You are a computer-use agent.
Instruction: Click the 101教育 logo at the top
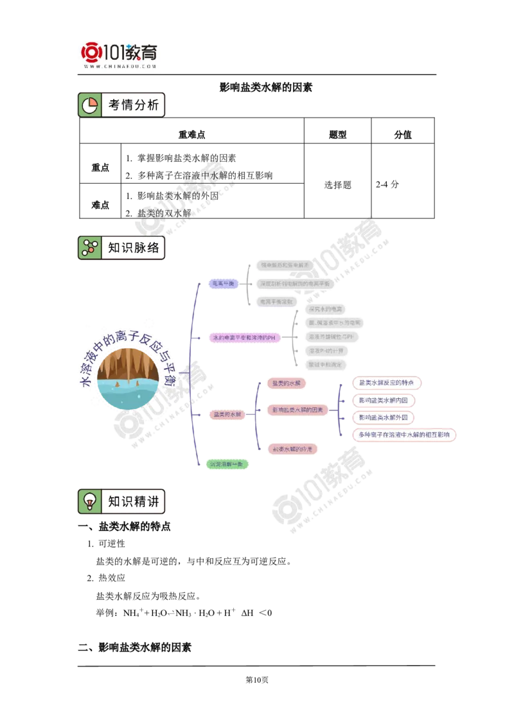coord(121,54)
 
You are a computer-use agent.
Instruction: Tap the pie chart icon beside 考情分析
coord(90,105)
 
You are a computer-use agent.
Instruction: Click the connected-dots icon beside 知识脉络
coord(90,248)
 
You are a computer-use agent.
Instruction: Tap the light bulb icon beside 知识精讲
coord(90,502)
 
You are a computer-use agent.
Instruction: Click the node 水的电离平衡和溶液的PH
coord(246,337)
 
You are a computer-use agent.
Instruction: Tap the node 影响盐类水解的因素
coord(297,409)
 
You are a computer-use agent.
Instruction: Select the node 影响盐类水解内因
coord(383,400)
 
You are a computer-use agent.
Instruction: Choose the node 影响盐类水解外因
coord(383,417)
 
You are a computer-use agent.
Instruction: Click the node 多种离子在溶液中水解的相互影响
coord(404,435)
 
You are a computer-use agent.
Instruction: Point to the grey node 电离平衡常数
coord(276,301)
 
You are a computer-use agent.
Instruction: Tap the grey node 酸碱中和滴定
coord(326,365)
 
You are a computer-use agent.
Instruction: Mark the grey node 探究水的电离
coord(326,310)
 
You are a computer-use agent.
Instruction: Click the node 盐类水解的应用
coord(292,449)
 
